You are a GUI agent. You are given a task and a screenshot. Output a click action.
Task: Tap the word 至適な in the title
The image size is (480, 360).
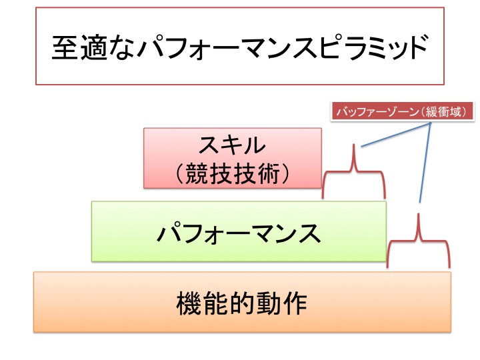point(93,47)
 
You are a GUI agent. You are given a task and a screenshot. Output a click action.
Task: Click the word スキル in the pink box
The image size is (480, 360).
point(232,145)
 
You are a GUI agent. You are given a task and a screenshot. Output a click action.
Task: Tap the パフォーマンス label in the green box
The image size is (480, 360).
point(238,233)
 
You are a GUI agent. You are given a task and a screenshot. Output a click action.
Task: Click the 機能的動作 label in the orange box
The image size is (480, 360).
point(241,303)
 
